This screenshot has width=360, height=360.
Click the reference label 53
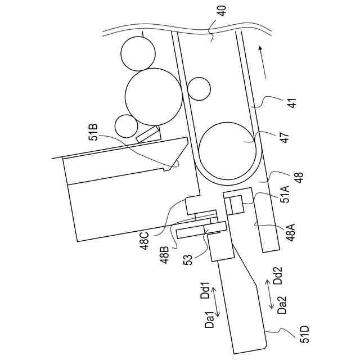pos(188,260)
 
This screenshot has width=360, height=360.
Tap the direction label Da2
pos(282,305)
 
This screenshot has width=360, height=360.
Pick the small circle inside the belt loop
pos(199,88)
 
